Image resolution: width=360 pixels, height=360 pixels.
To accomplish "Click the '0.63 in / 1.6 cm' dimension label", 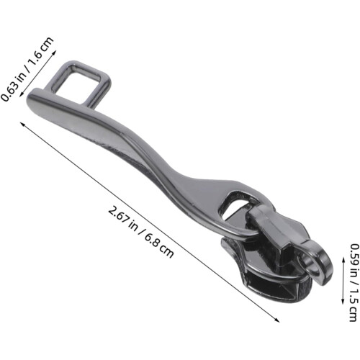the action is click(27, 69).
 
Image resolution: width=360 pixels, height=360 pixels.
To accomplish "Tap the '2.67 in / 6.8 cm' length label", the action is click(141, 232).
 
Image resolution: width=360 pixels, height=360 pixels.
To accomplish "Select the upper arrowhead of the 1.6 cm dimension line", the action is click(54, 52).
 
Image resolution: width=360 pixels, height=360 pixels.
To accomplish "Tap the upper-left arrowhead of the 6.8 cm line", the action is click(23, 125).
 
